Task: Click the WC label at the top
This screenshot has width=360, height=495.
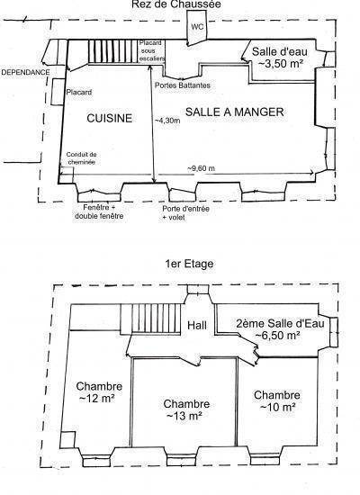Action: pyautogui.click(x=197, y=27)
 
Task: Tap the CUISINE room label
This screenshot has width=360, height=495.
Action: pyautogui.click(x=109, y=118)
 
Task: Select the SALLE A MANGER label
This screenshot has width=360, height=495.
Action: pyautogui.click(x=234, y=112)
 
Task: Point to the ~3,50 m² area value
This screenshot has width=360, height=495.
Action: pyautogui.click(x=279, y=64)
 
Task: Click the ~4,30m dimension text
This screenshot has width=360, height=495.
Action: pyautogui.click(x=167, y=121)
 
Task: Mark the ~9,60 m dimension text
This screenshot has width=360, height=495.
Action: pyautogui.click(x=201, y=168)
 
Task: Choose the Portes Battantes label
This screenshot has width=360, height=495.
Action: pyautogui.click(x=182, y=85)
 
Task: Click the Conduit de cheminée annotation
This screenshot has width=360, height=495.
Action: pyautogui.click(x=81, y=158)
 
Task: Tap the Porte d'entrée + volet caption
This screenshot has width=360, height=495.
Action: pyautogui.click(x=185, y=212)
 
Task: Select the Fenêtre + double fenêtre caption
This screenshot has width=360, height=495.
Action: pyautogui.click(x=99, y=211)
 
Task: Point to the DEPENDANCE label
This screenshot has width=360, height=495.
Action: pyautogui.click(x=25, y=72)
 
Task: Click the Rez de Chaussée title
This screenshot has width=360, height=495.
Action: pyautogui.click(x=175, y=4)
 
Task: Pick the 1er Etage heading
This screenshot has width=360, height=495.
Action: pyautogui.click(x=189, y=264)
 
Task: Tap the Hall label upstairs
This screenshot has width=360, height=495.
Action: pyautogui.click(x=197, y=325)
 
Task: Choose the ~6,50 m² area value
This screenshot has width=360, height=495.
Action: pyautogui.click(x=277, y=336)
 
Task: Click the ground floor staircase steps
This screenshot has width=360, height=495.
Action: pyautogui.click(x=113, y=51)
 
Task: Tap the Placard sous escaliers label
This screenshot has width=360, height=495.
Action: pyautogui.click(x=152, y=50)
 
